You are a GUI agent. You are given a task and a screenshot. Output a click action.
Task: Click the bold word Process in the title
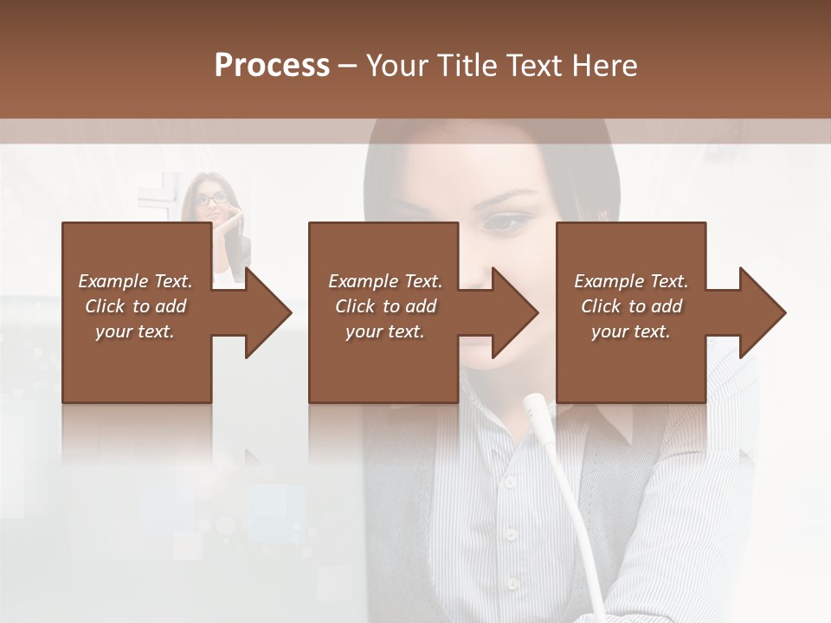[272, 66]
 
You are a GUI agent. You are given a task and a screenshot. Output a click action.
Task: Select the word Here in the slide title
[604, 66]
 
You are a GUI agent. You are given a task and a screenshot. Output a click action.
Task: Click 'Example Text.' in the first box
[135, 281]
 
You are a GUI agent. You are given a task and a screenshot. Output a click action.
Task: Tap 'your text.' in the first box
[135, 331]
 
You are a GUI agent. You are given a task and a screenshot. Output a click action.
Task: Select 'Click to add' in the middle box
[385, 306]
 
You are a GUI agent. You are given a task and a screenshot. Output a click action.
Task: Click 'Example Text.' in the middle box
[385, 281]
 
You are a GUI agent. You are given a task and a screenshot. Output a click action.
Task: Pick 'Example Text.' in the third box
[631, 281]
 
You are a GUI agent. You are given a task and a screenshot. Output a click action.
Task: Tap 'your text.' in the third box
[631, 331]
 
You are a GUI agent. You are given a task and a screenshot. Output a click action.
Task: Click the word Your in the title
[396, 66]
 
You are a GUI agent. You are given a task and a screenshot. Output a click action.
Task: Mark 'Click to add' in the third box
[631, 306]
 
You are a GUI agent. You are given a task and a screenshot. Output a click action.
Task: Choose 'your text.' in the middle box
[385, 331]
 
